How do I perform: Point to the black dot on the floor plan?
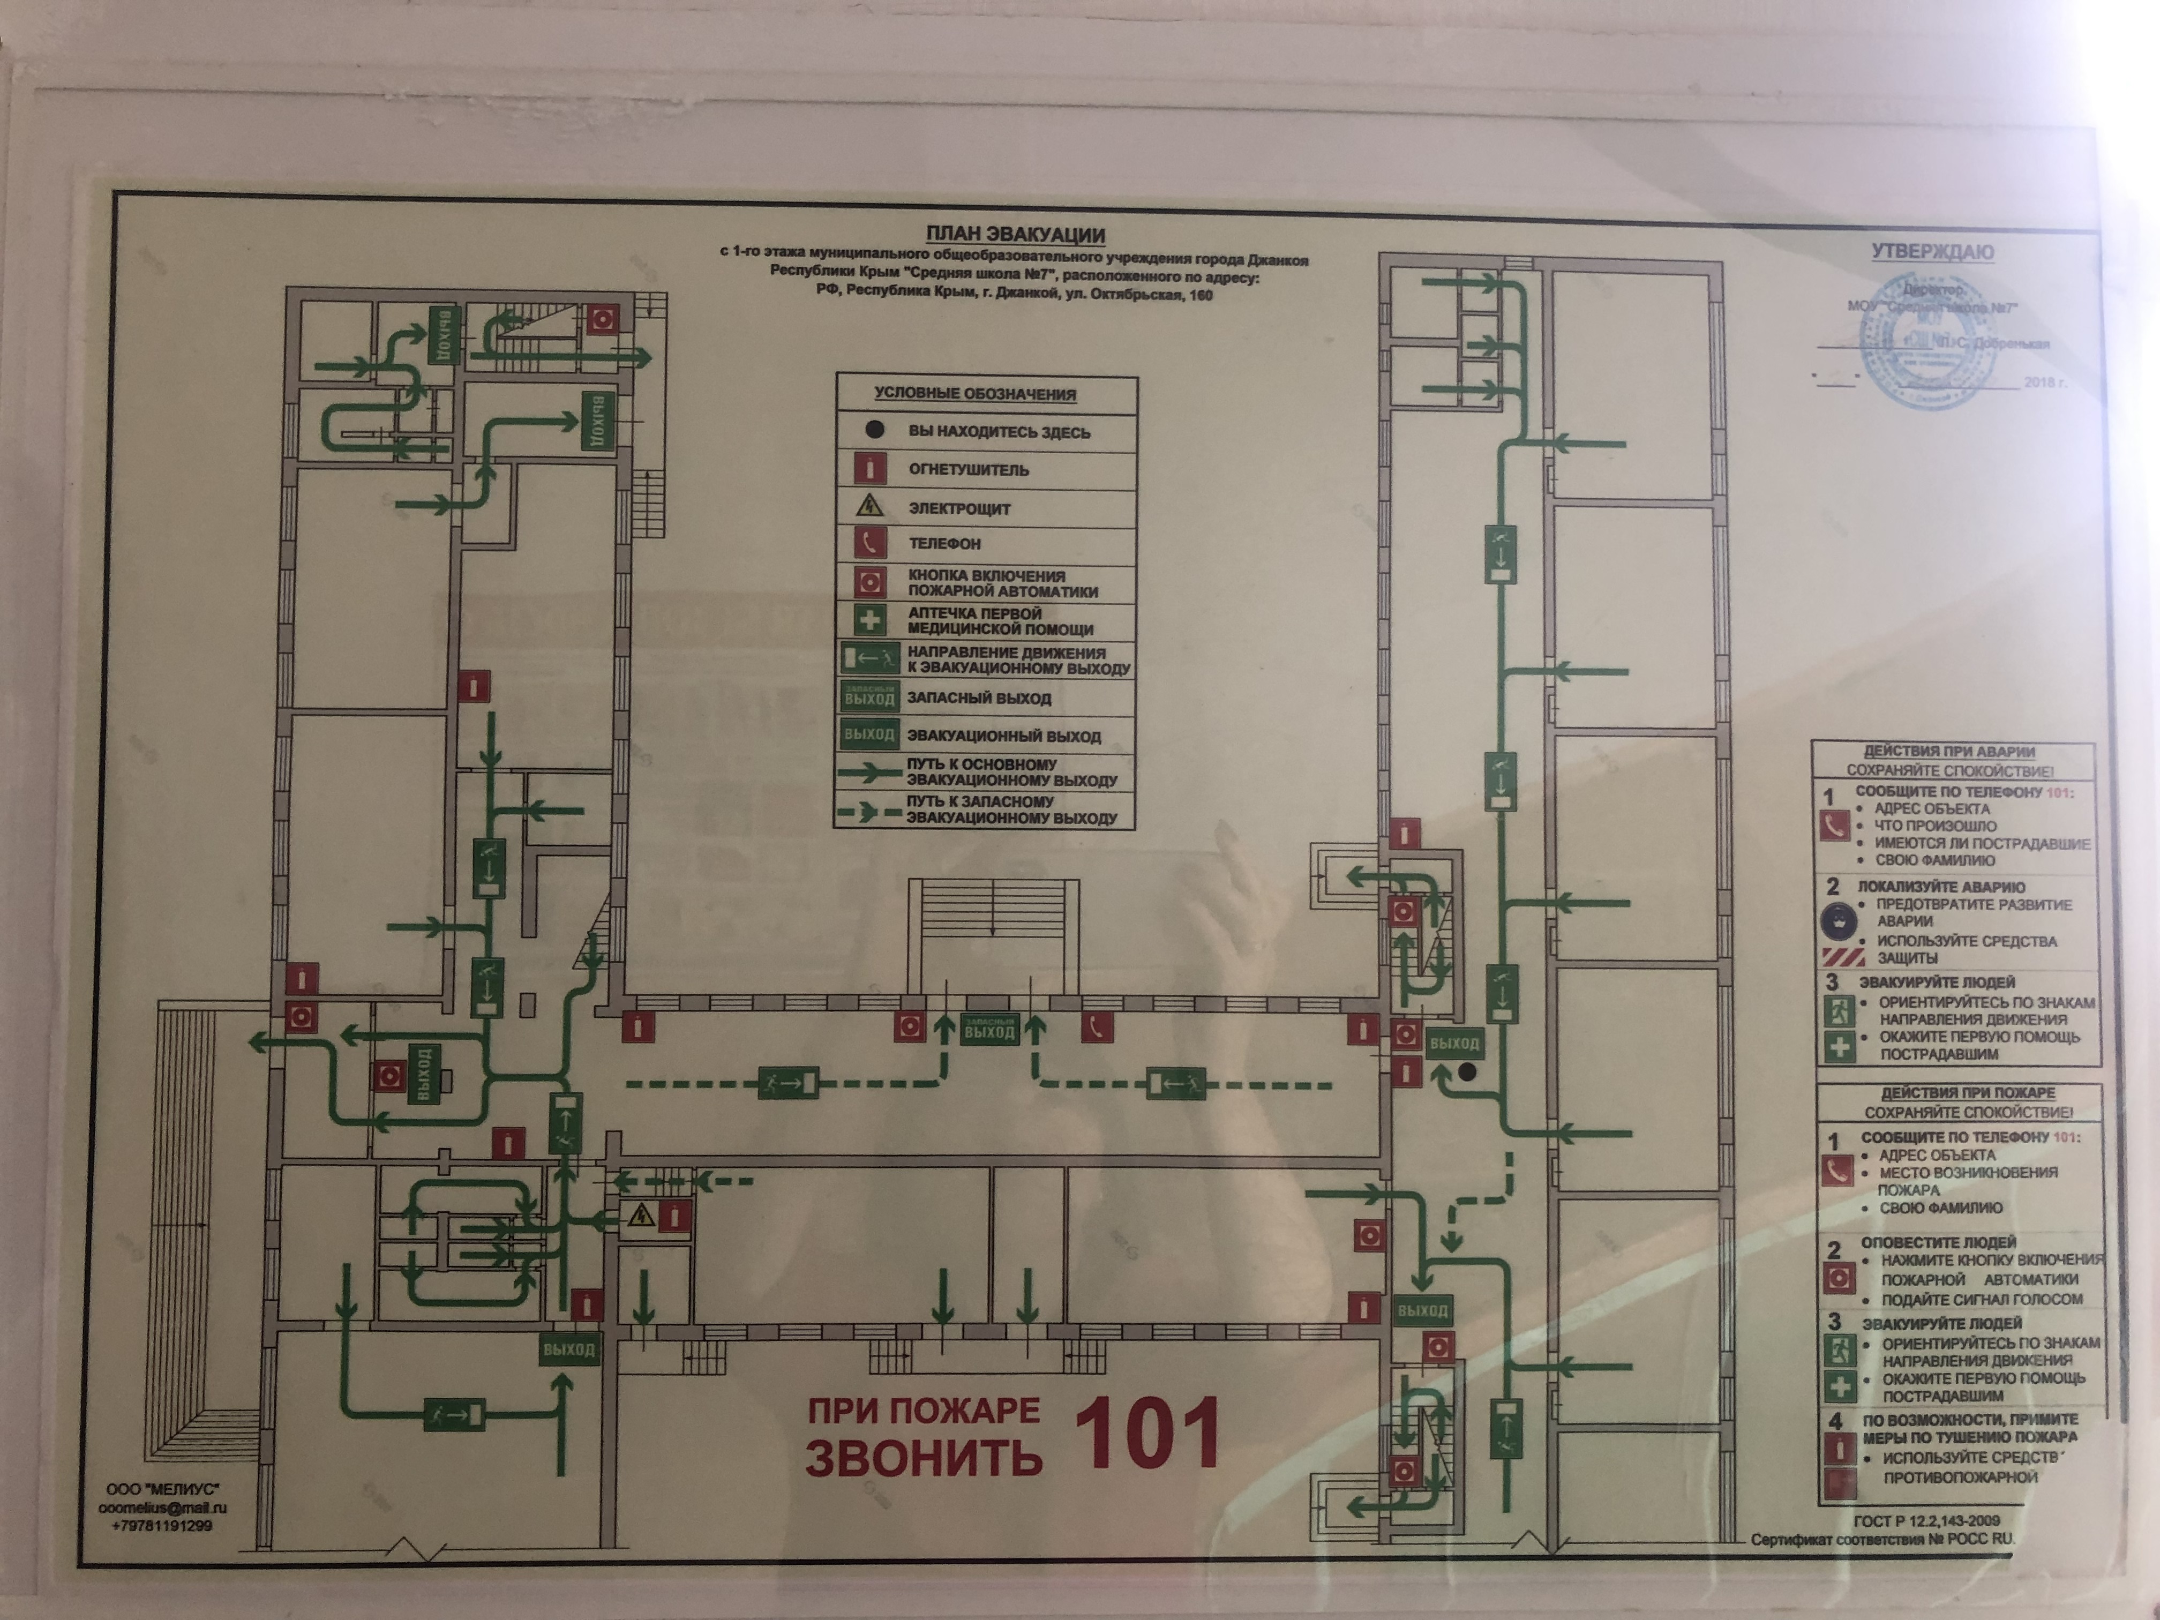1467,1072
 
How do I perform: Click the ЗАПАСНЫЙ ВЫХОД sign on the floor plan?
989,1029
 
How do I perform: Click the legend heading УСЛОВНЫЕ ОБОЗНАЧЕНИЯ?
974,394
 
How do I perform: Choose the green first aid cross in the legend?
869,620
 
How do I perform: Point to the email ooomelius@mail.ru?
162,1507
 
